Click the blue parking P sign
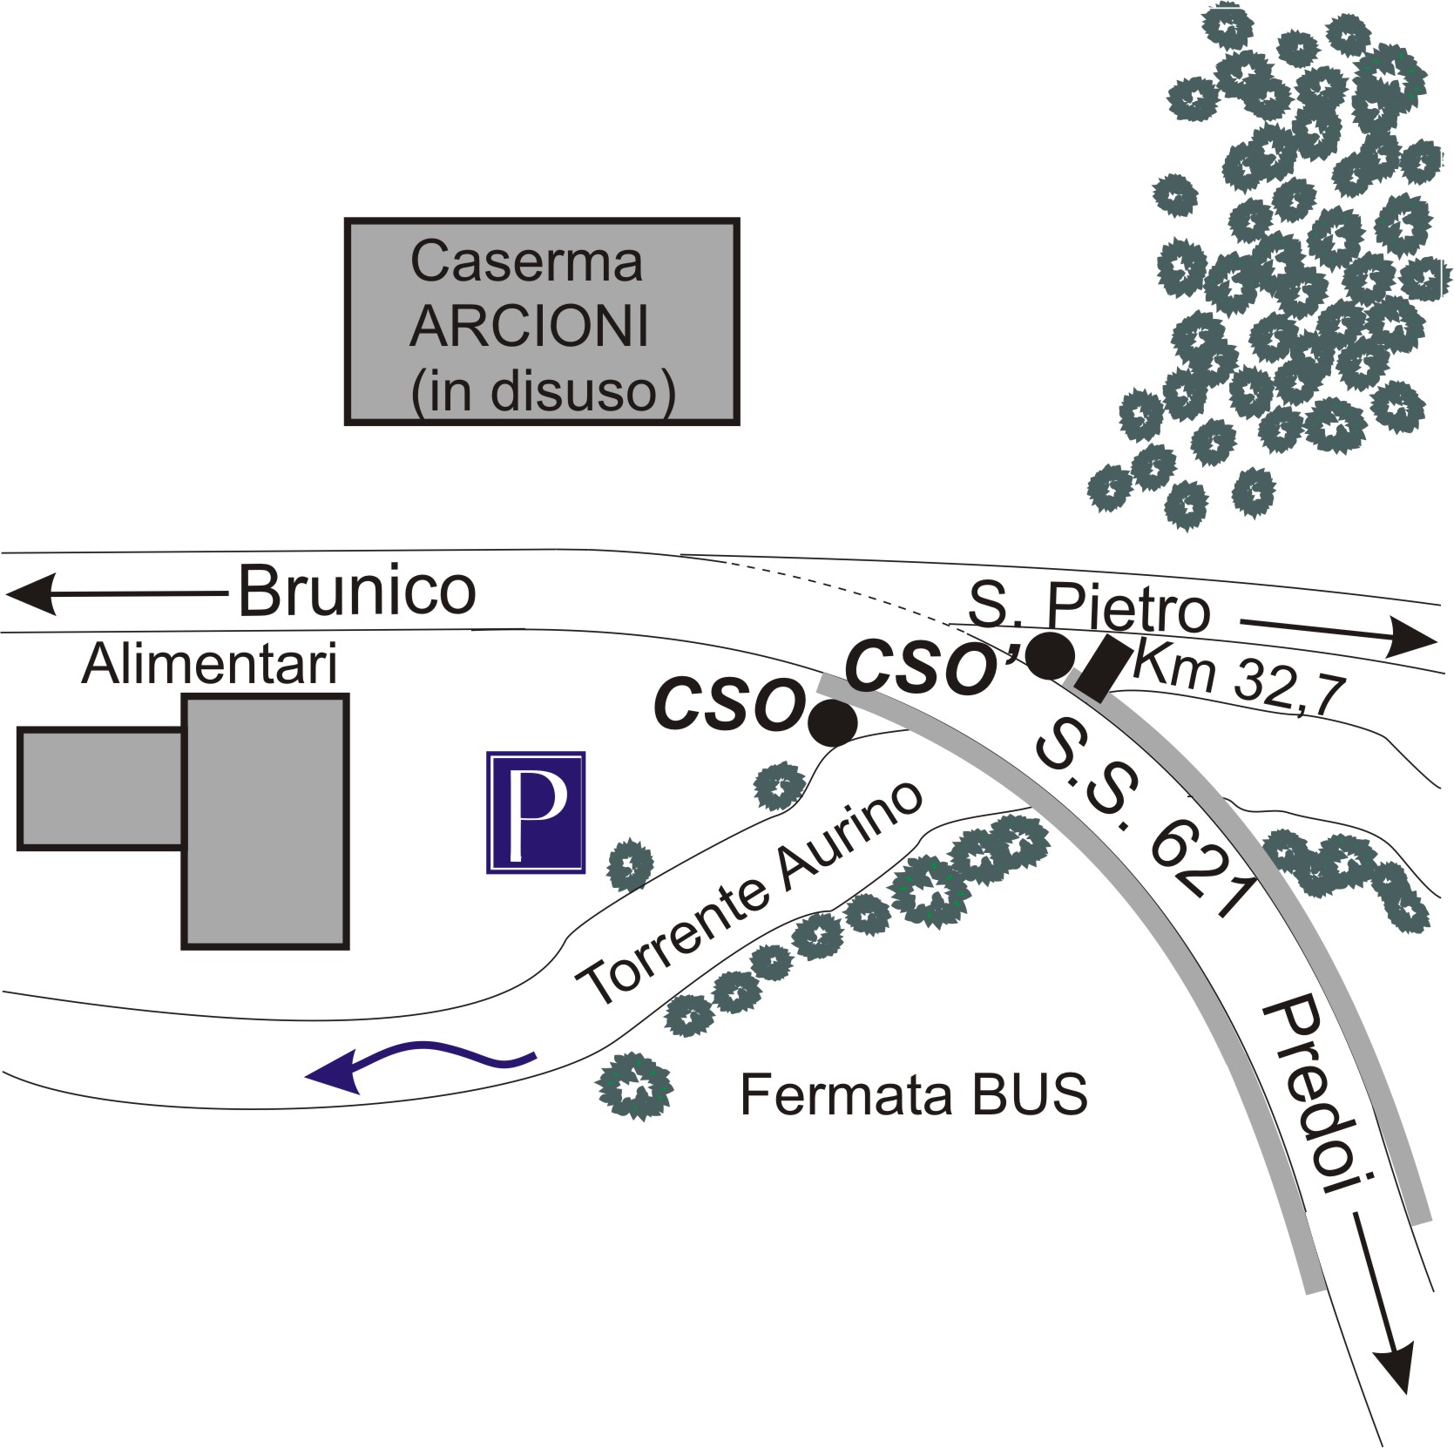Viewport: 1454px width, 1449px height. tap(536, 812)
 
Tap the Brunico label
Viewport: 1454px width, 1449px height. tap(357, 592)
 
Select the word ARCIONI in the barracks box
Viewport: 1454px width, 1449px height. tap(529, 326)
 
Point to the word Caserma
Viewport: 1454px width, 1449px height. tap(526, 261)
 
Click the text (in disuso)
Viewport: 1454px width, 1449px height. tap(543, 392)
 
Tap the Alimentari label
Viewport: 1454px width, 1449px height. tap(209, 666)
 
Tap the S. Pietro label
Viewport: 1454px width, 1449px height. tap(1090, 607)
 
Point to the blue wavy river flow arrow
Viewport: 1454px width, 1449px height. tap(420, 1063)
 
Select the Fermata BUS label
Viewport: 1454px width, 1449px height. tap(914, 1094)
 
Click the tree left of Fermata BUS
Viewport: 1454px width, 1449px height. tap(634, 1087)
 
